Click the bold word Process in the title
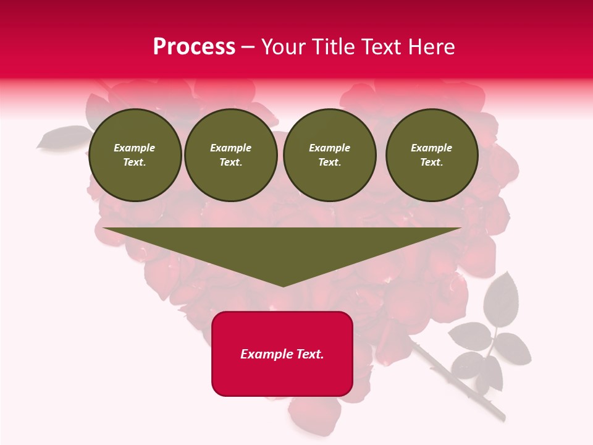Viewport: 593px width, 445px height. point(194,47)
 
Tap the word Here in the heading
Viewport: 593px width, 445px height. point(431,47)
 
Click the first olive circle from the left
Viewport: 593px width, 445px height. point(135,155)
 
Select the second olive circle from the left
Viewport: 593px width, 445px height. point(231,155)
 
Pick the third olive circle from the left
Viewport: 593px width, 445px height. point(329,155)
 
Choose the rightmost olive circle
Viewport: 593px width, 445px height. point(432,155)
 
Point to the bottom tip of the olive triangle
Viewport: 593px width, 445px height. point(283,286)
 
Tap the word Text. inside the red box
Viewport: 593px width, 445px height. point(309,354)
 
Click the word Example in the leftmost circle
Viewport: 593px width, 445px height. point(135,148)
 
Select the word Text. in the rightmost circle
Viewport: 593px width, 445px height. point(432,163)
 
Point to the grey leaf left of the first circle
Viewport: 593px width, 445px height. point(62,137)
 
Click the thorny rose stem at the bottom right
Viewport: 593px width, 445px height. point(457,383)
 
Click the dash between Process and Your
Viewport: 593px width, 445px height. point(248,47)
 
